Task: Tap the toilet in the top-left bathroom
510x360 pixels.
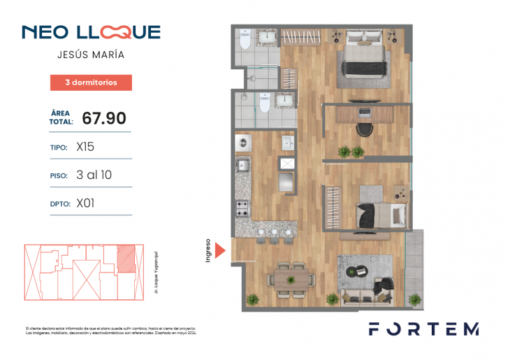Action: coord(245,39)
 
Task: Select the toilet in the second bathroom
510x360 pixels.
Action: coord(264,103)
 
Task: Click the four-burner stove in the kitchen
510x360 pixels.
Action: coord(243,208)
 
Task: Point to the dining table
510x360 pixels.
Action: coord(291,278)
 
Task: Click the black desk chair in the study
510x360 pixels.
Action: coord(362,130)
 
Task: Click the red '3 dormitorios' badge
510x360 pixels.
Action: coord(91,82)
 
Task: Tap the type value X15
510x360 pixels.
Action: coord(85,147)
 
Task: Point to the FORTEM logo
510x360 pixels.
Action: coord(423,329)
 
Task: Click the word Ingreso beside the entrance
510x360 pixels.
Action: coord(208,250)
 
